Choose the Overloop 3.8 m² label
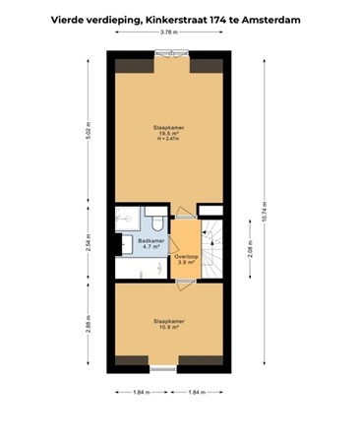pyautogui.click(x=185, y=261)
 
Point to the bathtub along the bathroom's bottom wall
pyautogui.click(x=138, y=269)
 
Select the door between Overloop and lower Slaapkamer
pyautogui.click(x=185, y=280)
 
